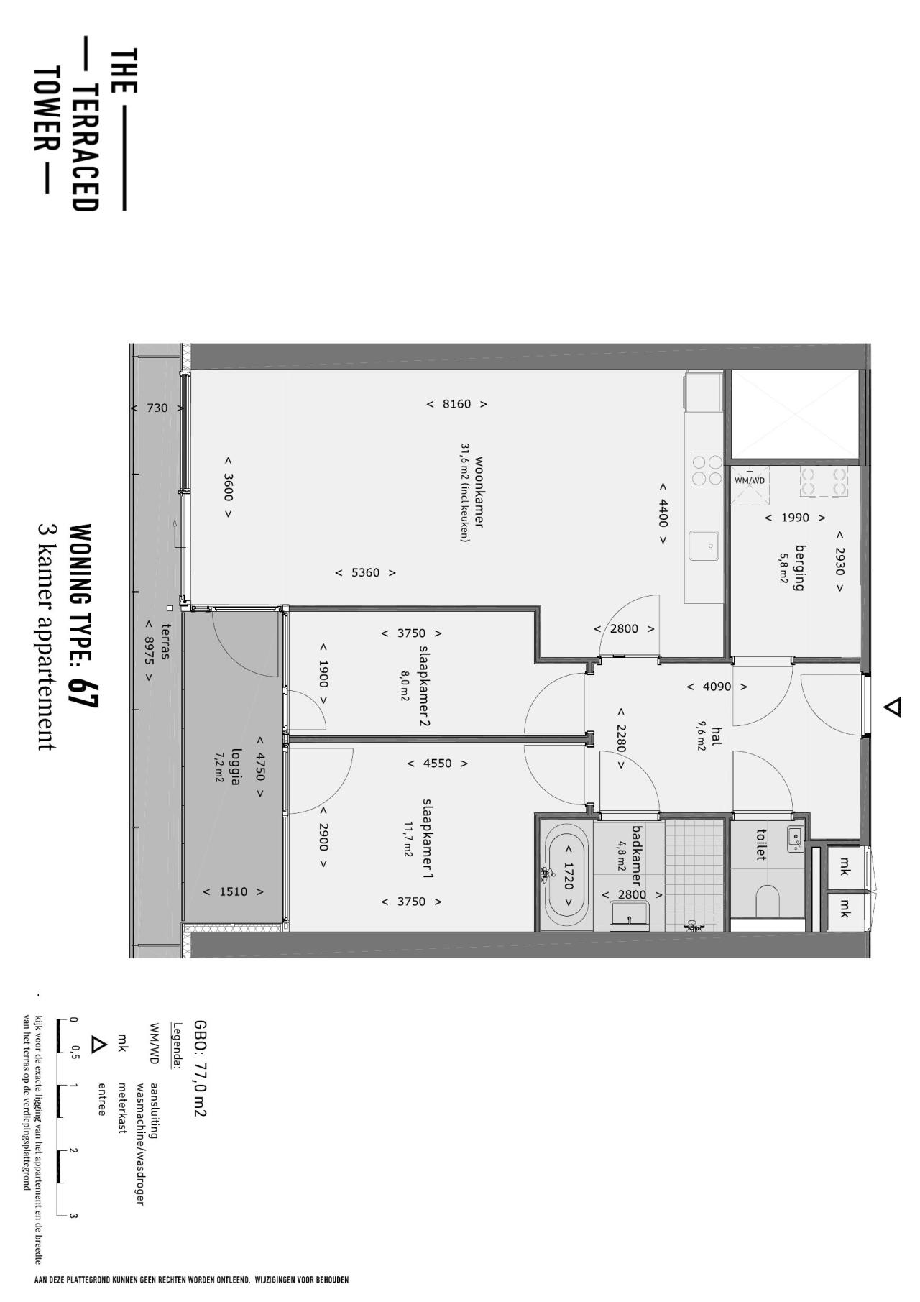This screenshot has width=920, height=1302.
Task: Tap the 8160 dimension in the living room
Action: point(456,404)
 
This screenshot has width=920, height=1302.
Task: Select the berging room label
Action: point(799,568)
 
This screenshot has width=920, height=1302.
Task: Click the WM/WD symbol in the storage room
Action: point(749,480)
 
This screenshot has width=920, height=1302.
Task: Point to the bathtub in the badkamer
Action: point(567,876)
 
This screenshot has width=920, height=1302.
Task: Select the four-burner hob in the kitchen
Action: point(706,471)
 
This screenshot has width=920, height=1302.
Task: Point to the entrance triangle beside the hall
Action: point(892,707)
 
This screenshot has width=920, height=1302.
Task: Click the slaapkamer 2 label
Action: point(424,686)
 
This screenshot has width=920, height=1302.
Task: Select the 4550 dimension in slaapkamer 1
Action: point(437,764)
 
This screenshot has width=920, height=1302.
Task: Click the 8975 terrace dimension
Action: point(149,651)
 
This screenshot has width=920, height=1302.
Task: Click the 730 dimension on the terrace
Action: point(157,408)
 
